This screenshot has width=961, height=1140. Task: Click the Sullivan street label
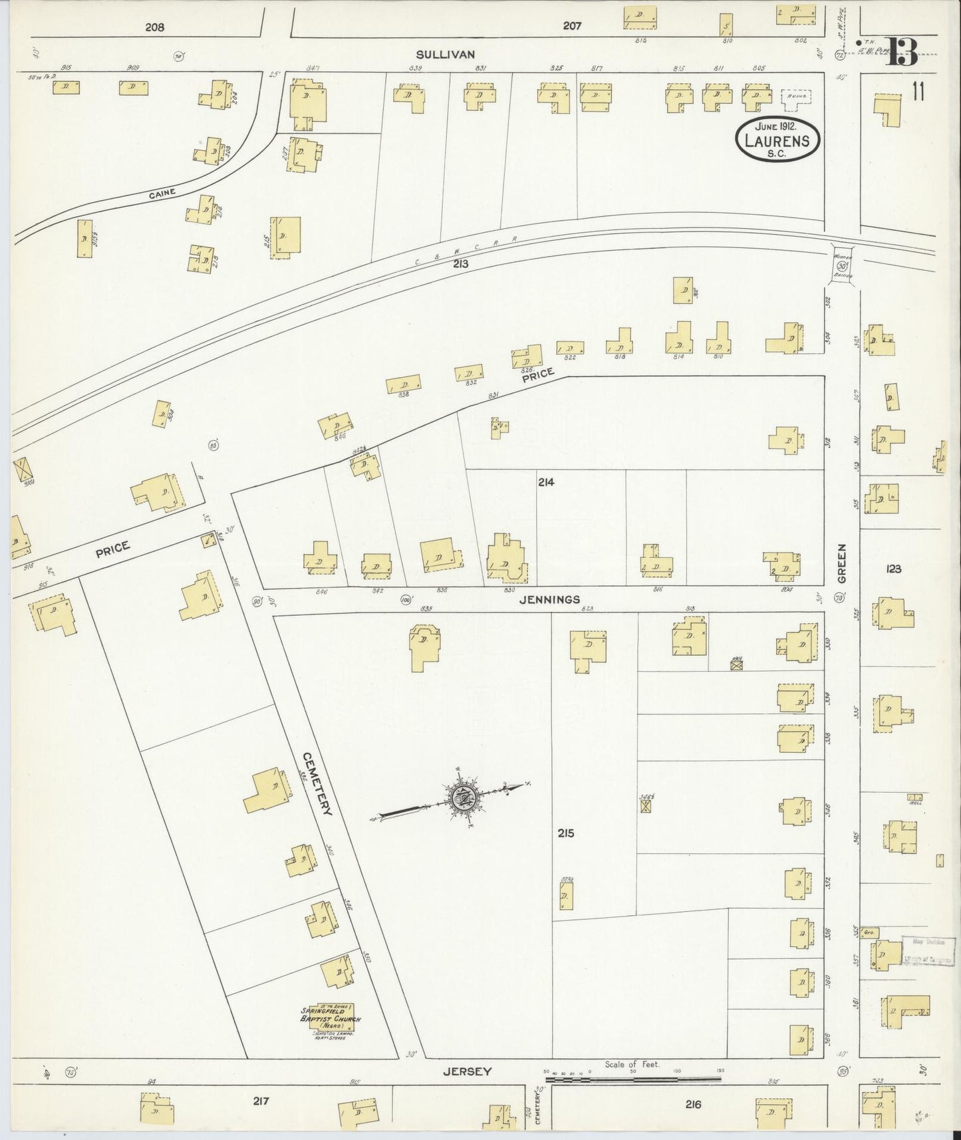[x=456, y=54]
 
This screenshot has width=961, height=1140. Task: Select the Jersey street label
[x=468, y=1071]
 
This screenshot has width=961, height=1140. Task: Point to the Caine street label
[x=163, y=193]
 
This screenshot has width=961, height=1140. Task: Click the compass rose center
[x=464, y=797]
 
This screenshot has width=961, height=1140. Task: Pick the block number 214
[x=546, y=482]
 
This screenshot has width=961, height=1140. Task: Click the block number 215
[x=566, y=833]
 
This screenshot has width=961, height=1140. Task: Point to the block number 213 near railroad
[x=460, y=264]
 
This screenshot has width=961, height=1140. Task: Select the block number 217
[x=260, y=1101]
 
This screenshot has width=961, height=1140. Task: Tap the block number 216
[x=693, y=1105]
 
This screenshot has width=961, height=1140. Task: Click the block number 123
[x=893, y=569]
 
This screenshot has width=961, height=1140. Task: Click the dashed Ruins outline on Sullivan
[x=795, y=96]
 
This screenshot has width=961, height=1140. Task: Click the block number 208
[x=154, y=27]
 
